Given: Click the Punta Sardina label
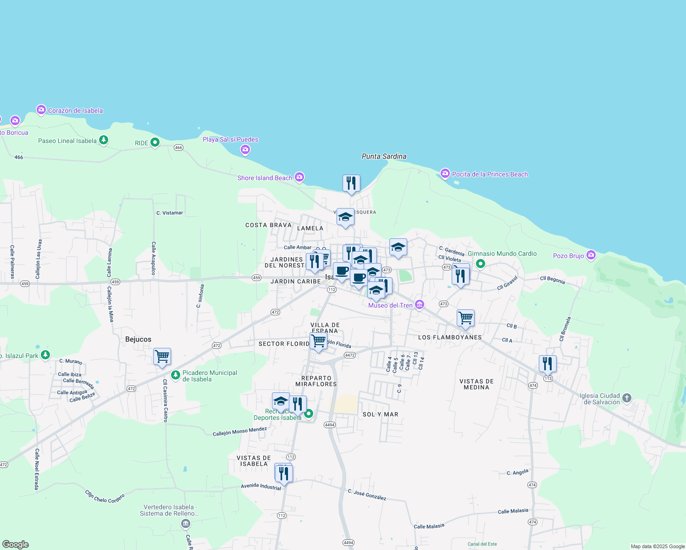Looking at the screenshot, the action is (x=384, y=156).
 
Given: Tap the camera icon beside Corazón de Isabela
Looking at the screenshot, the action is (x=41, y=110).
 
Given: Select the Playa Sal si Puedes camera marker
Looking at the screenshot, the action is (x=245, y=149).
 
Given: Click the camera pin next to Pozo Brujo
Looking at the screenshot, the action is (x=591, y=255).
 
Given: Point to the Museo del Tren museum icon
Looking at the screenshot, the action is (x=419, y=305).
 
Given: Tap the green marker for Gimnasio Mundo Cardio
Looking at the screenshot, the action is (x=481, y=264).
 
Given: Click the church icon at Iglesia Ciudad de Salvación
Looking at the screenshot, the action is (x=627, y=398).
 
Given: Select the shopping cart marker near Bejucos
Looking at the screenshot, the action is (x=162, y=356).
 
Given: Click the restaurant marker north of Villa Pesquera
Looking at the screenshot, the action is (x=351, y=183).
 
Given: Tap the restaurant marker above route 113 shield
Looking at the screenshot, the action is (x=548, y=363).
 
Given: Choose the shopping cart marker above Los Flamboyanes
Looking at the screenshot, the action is (x=465, y=317).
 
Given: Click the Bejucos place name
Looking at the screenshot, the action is (x=138, y=339).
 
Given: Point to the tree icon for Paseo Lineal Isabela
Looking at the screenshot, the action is (x=104, y=140).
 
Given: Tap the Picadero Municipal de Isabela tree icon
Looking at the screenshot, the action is (x=175, y=375).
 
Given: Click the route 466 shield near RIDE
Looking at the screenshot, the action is (x=178, y=148).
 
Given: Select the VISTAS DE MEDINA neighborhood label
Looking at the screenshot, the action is (x=476, y=384).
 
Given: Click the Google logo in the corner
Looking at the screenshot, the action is (x=15, y=544).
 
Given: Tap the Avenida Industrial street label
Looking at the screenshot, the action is (x=261, y=486).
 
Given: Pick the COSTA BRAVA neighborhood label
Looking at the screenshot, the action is (x=268, y=225).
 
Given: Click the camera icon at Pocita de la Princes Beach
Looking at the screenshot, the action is (x=445, y=174).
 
